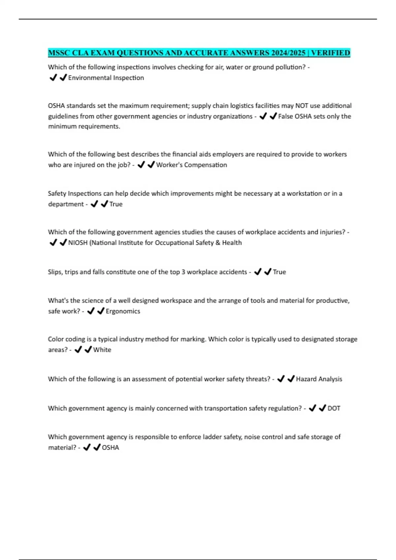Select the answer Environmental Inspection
point(106,78)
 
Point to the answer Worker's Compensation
point(191,165)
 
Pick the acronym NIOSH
point(78,243)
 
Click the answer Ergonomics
point(123,311)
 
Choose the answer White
point(102,350)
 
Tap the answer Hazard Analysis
point(319,379)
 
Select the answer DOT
point(334,408)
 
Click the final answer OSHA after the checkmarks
point(110,448)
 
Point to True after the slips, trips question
point(279,272)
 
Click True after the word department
point(116,204)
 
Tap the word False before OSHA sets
point(286,116)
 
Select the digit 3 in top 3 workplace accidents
point(183,272)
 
